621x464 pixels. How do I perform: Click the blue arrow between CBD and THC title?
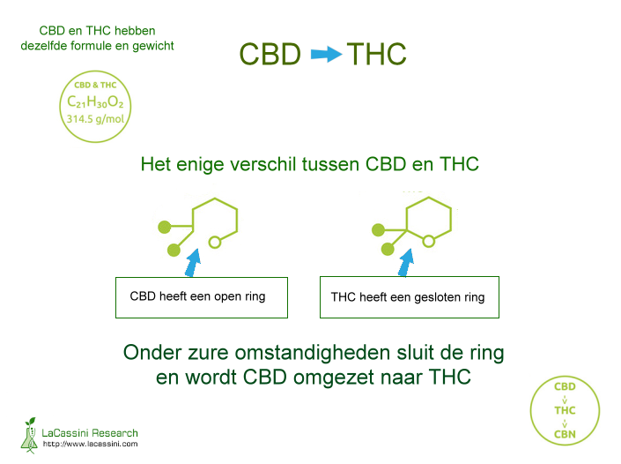point(326,55)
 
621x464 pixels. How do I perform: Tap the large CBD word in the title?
point(270,55)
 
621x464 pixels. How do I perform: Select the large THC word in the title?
point(377,55)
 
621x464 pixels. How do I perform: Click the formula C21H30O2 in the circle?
point(95,102)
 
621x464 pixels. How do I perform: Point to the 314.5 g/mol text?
point(95,119)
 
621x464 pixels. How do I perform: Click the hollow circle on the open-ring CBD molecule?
point(215,242)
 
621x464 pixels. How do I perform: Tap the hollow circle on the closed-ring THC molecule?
point(428,241)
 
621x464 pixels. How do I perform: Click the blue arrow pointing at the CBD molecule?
point(193,263)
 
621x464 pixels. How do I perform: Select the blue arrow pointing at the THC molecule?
point(406,262)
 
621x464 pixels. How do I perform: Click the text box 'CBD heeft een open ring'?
point(202,297)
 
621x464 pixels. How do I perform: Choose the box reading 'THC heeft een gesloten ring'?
point(410,297)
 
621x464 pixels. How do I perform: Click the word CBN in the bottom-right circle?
point(565,434)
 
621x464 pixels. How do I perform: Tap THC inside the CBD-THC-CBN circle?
point(565,410)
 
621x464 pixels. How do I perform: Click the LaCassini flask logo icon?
point(29,435)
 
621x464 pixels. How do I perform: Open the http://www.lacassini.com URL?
point(91,445)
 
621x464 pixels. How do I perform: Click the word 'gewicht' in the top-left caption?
point(153,47)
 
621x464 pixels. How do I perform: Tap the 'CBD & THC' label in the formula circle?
point(95,85)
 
